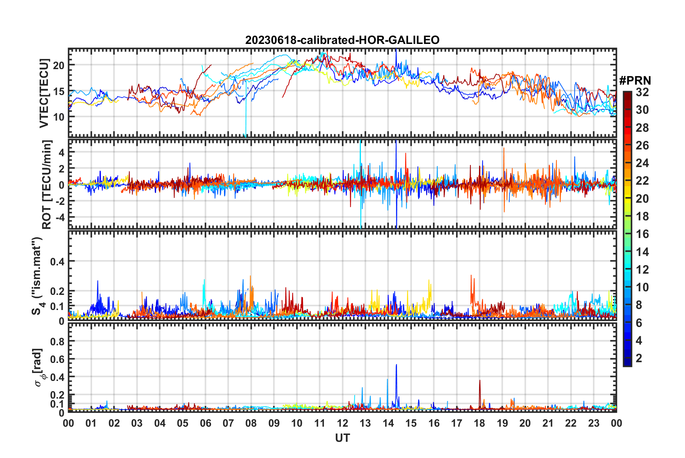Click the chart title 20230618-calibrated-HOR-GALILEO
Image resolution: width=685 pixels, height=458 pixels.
click(342, 40)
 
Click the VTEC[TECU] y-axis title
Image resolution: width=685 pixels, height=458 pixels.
click(44, 93)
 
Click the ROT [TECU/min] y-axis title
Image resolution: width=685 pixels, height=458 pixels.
click(47, 184)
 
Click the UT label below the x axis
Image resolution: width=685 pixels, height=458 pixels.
click(342, 438)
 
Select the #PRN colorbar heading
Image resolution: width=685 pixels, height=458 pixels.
click(635, 81)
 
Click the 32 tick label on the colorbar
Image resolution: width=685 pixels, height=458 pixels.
click(642, 92)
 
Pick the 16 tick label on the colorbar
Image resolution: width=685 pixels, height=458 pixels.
click(642, 234)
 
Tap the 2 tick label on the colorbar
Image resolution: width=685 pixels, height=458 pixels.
click(639, 358)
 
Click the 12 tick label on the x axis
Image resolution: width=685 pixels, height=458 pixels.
click(342, 423)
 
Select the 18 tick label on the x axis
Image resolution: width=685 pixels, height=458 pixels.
click(479, 423)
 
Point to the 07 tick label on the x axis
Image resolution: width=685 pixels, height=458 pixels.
click(228, 423)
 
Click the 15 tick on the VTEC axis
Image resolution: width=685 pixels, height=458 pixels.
click(59, 91)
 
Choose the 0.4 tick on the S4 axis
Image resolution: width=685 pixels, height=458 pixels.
click(58, 261)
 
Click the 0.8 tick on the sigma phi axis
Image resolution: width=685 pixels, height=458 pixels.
click(58, 341)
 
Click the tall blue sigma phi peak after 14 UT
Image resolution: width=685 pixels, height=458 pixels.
click(396, 365)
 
